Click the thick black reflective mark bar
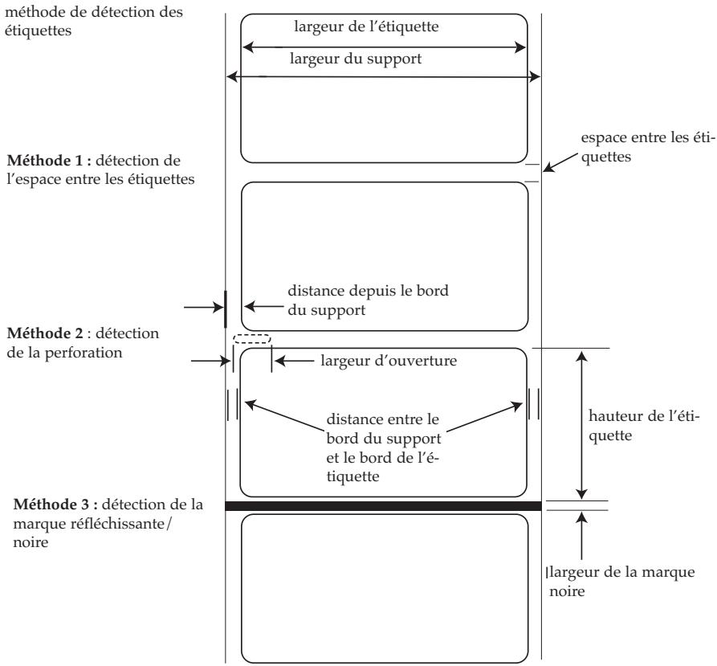[x=384, y=505]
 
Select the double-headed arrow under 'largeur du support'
[x=384, y=77]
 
